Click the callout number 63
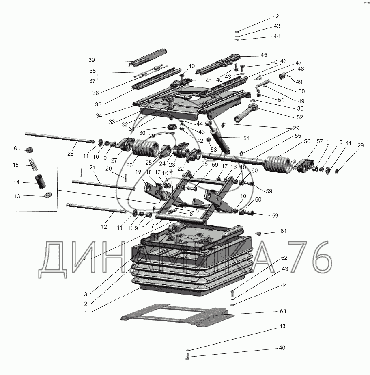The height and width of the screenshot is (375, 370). pos(283,311)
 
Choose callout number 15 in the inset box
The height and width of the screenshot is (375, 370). pos(16,165)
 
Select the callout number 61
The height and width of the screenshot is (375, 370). pos(283,231)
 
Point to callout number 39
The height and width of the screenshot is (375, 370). pos(92,60)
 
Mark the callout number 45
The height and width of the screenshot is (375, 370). pos(264,55)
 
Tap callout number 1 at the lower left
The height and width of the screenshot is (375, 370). pos(86,312)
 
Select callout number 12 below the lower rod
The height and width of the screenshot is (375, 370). pos(105,226)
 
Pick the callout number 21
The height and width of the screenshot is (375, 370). pos(92,167)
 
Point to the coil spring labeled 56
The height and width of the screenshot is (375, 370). pos(278,162)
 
